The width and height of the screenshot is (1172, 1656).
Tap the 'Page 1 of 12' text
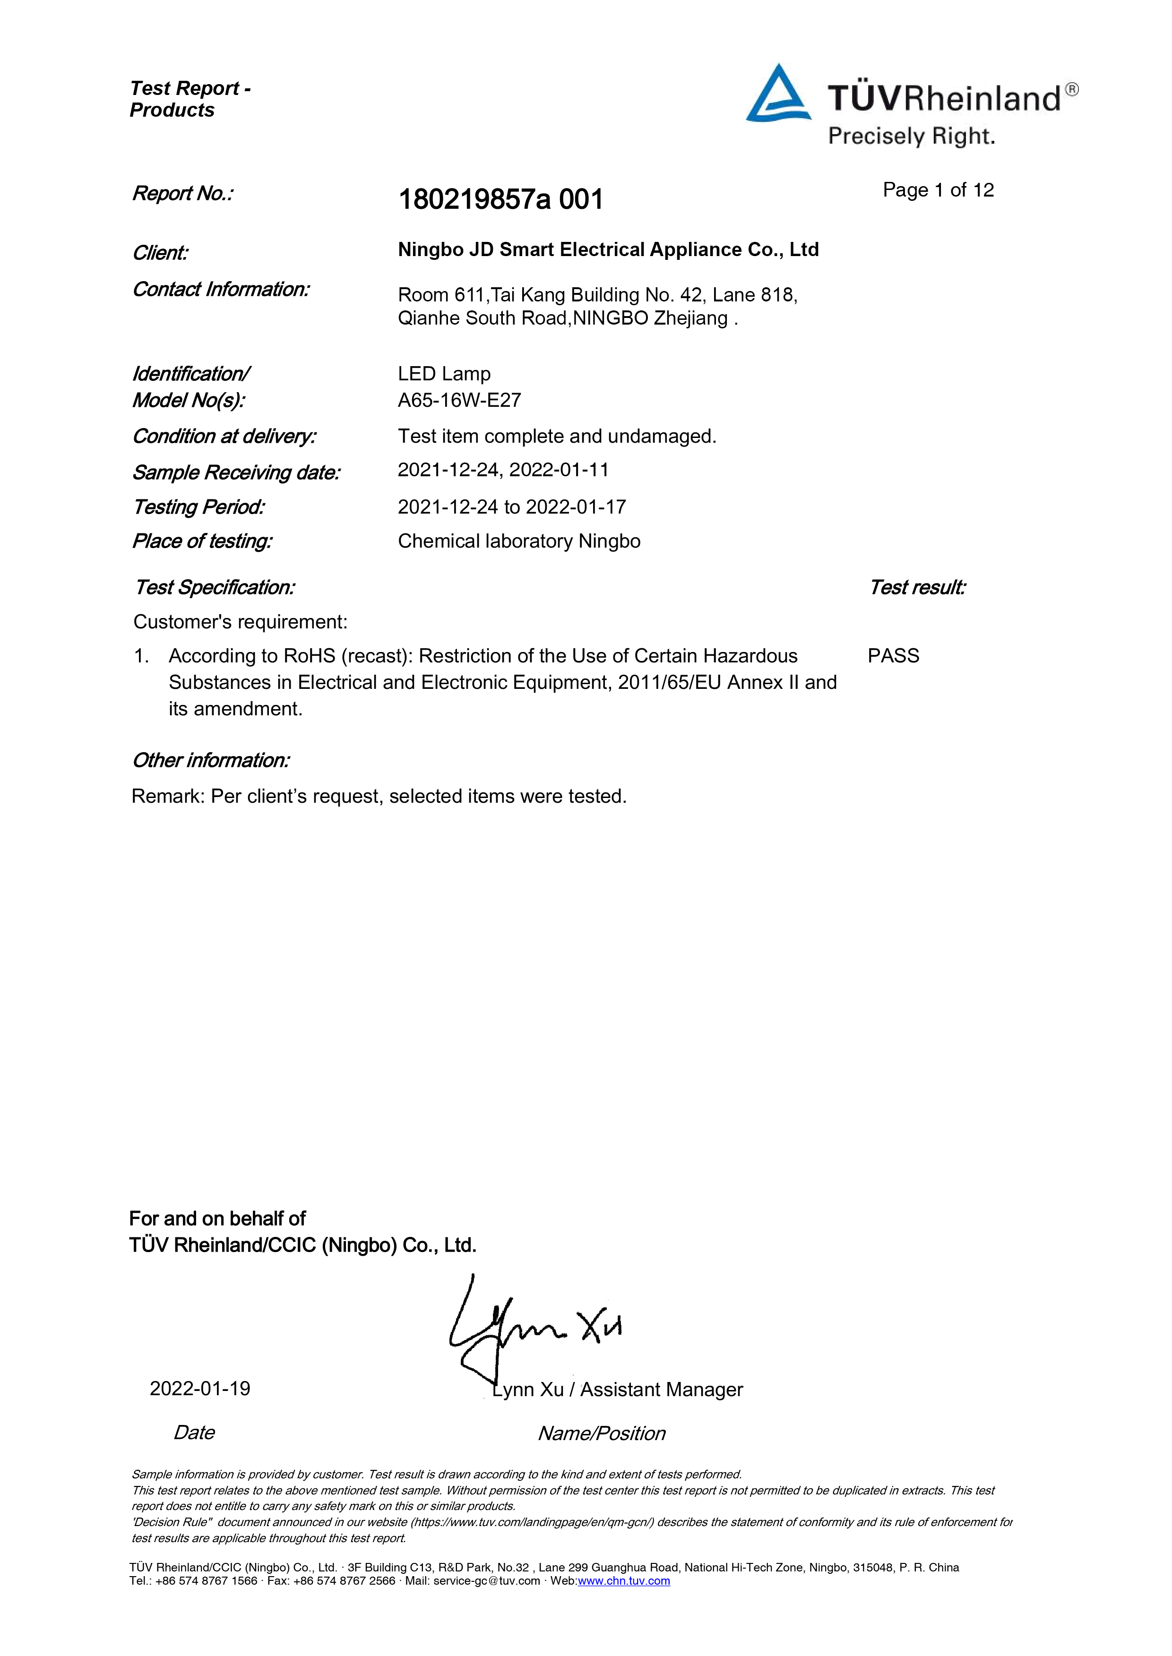938,190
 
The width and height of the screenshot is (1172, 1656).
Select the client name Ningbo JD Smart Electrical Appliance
608,249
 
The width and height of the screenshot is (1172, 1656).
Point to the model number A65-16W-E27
459,401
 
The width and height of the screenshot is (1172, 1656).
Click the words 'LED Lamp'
444,374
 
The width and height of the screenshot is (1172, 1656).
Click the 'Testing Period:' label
198,507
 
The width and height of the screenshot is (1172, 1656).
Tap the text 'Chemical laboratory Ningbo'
519,541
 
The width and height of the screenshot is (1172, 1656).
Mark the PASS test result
894,656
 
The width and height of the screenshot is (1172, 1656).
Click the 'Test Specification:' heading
215,587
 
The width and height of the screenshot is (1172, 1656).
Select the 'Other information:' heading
211,761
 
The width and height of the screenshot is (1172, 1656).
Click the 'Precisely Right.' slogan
912,137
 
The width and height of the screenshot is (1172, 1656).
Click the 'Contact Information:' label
221,289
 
